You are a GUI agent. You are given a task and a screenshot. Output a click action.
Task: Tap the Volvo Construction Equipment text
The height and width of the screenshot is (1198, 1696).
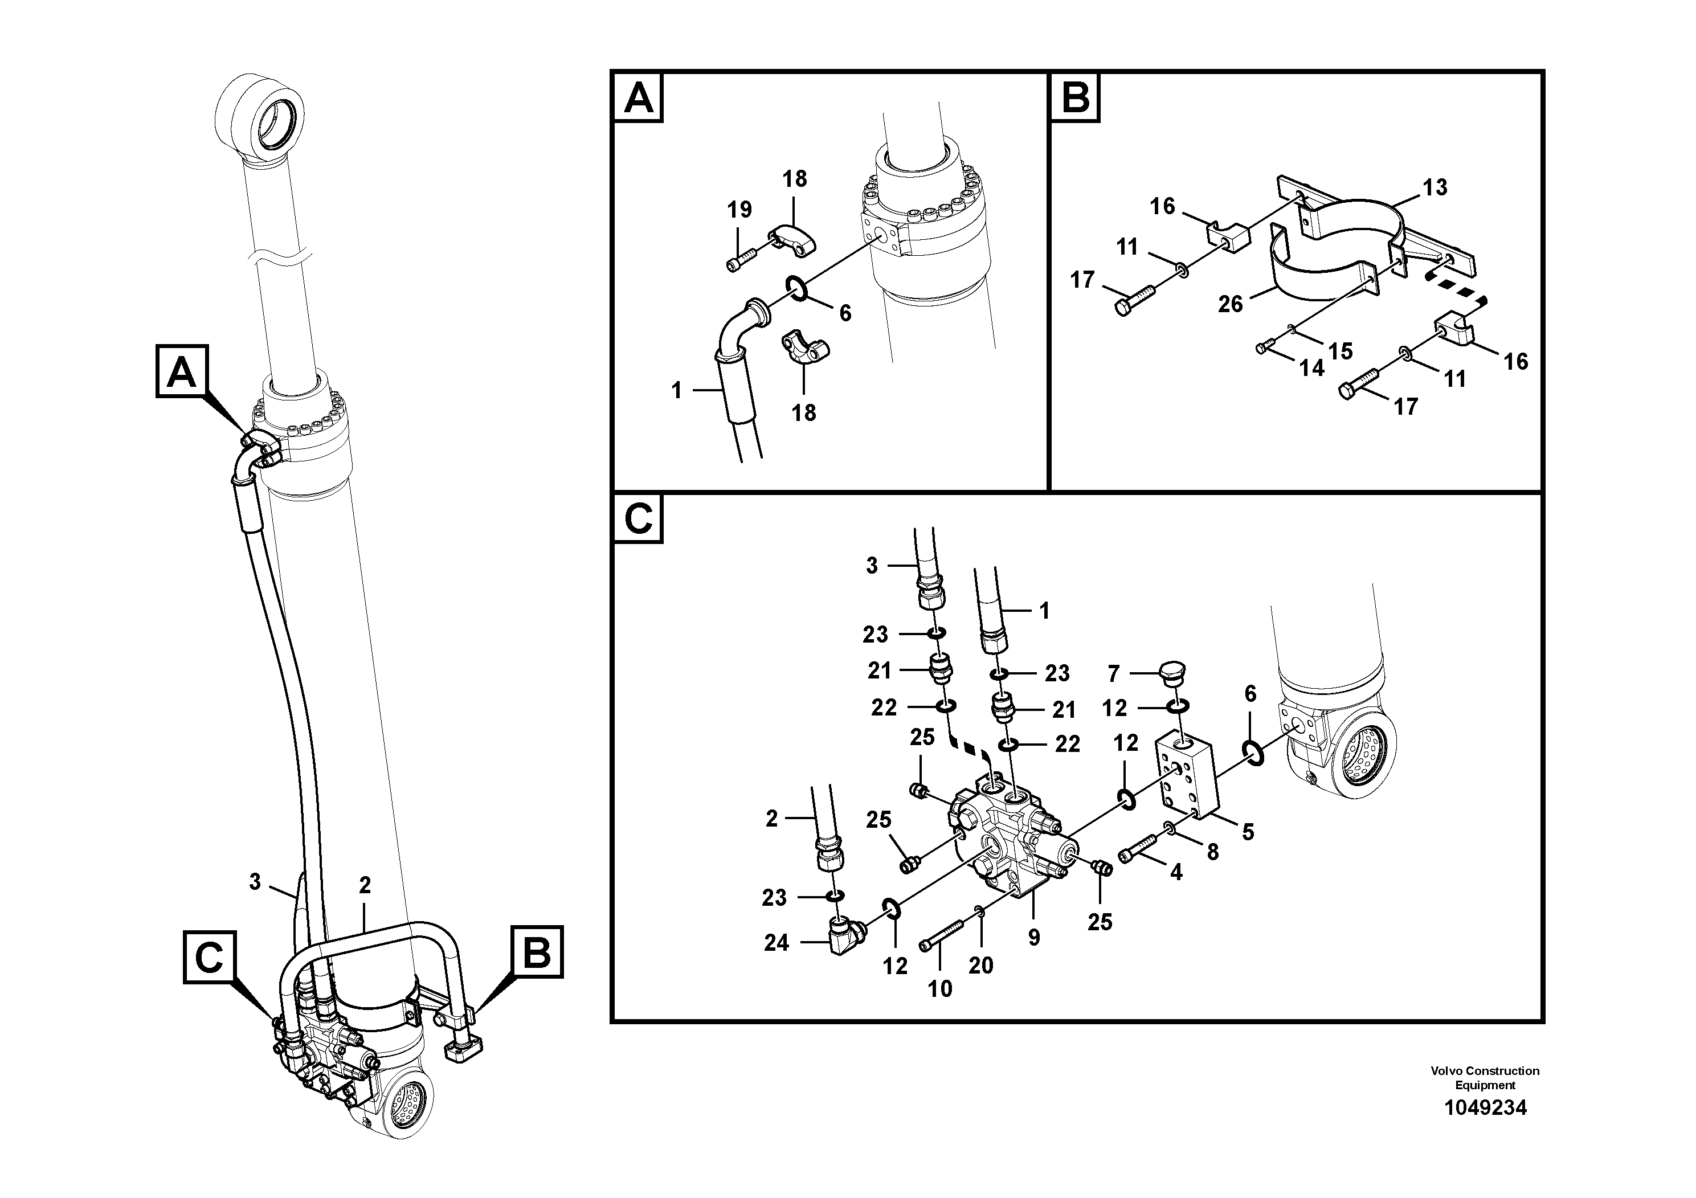(1484, 1078)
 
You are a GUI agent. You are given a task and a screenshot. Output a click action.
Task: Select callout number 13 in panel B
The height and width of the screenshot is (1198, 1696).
(1435, 187)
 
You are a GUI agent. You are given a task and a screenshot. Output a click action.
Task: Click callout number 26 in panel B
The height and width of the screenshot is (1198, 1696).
(1231, 304)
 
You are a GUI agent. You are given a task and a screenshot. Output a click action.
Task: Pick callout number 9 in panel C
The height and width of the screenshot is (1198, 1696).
(1033, 937)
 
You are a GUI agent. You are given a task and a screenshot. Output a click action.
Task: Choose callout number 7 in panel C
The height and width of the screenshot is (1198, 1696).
(1113, 673)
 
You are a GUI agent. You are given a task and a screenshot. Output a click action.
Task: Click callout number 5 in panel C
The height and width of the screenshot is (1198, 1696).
(1248, 832)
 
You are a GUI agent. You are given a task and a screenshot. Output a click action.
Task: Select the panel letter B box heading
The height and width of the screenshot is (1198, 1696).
(1076, 97)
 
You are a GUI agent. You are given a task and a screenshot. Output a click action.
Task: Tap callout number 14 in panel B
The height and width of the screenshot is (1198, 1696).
(1312, 367)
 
